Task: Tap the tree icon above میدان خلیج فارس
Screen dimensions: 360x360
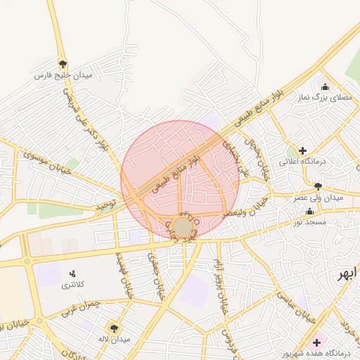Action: click(63, 64)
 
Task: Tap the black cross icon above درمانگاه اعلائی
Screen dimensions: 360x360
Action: click(302, 150)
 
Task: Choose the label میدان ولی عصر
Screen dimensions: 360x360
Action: click(319, 198)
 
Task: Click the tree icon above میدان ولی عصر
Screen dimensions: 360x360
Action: click(319, 186)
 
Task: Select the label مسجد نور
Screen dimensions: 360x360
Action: click(310, 221)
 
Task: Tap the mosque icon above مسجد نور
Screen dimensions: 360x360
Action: click(310, 211)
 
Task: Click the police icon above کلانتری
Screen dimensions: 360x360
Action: click(72, 274)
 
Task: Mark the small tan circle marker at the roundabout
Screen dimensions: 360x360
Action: click(182, 227)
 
